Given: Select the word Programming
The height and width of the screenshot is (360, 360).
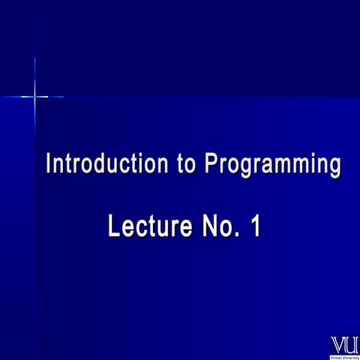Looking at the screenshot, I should [273, 165].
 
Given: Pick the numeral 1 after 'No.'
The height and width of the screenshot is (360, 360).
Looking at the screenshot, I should [255, 226].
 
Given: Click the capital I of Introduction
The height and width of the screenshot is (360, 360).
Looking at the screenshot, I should [49, 163].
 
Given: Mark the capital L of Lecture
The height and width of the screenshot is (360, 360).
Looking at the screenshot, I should [115, 226].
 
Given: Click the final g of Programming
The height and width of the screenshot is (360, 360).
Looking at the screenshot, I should [334, 167].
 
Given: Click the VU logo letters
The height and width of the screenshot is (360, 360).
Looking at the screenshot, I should [344, 346].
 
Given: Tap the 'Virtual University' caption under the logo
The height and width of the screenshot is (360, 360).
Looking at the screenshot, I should [344, 357].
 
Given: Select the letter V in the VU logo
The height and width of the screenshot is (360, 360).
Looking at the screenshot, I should [338, 346].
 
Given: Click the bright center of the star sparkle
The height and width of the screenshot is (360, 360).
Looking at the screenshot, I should [34, 96].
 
